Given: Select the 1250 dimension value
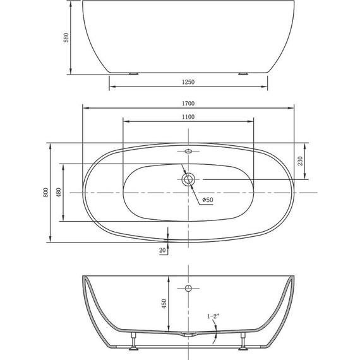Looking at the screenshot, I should click(x=188, y=83).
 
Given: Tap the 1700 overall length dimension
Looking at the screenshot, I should click(x=188, y=102).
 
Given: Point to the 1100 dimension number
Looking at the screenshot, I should click(x=188, y=117).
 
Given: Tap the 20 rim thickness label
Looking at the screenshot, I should click(x=163, y=251).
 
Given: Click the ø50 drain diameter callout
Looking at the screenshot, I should click(x=207, y=200).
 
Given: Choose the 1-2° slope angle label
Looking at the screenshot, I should click(x=213, y=316).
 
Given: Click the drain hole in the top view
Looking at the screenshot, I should click(x=188, y=179).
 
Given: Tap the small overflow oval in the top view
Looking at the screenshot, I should click(x=188, y=152).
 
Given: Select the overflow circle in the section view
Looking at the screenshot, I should click(x=188, y=289).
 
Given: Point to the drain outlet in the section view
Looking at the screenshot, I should click(x=188, y=335).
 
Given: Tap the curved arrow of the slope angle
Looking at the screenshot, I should click(x=216, y=330).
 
